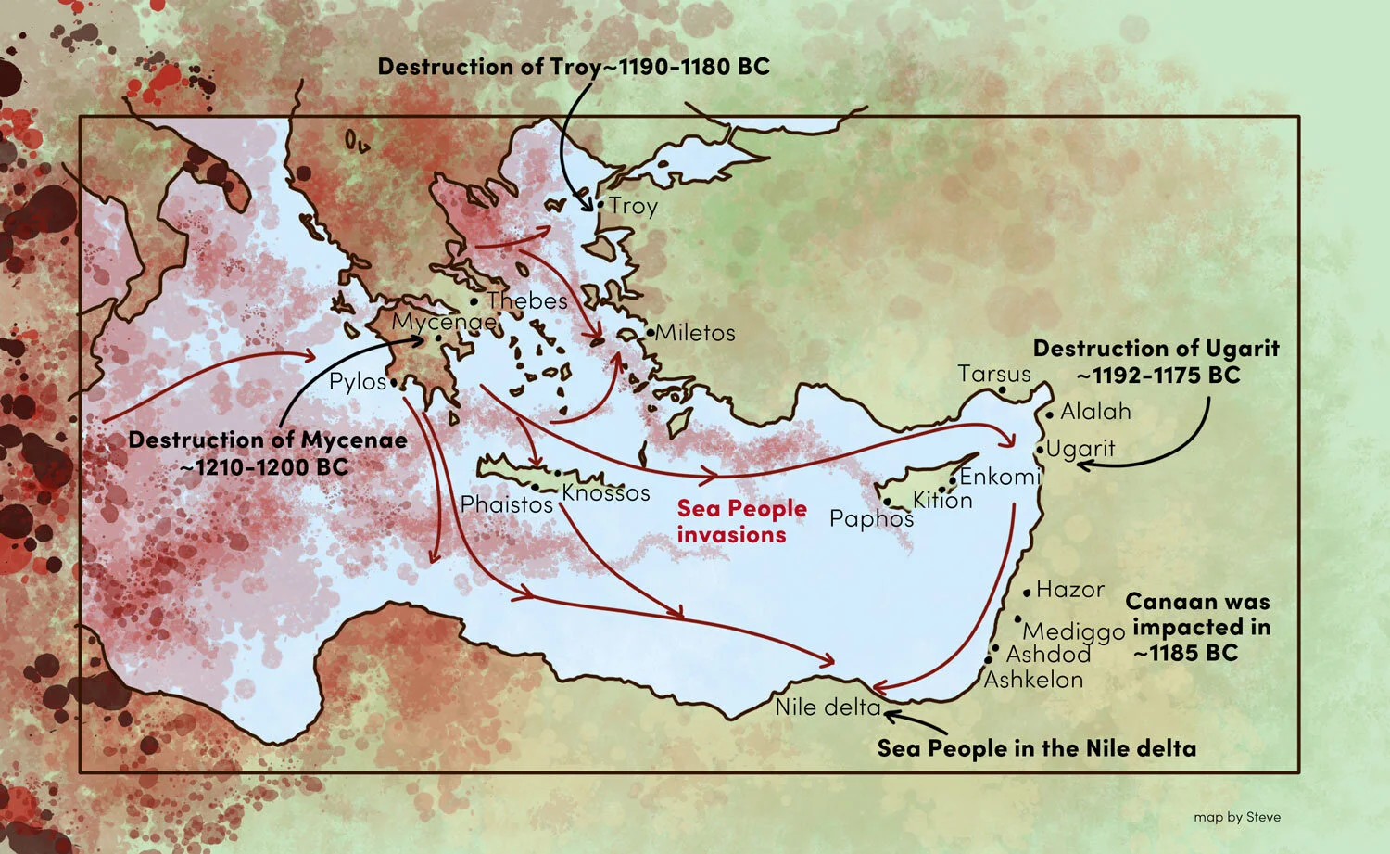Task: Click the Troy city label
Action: coord(633,206)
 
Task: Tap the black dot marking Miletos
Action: coord(651,332)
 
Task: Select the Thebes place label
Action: coord(526,300)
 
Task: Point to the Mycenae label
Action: coord(444,322)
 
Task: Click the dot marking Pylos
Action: coord(395,382)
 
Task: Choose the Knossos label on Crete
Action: coord(606,492)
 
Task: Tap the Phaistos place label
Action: coord(506,504)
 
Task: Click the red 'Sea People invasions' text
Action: coord(741,521)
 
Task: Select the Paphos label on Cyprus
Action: coord(871,518)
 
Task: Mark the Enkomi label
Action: coord(1000,477)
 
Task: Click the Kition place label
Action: coord(942,501)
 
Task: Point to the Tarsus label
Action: coord(993,374)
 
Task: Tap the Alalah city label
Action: coord(1095,411)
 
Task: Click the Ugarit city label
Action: coord(1080,449)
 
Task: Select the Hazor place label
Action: coord(1070,590)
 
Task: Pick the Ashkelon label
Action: coord(1033,680)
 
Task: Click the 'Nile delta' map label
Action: coord(828,707)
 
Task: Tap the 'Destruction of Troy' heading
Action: coord(574,67)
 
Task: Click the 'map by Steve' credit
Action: coord(1237,817)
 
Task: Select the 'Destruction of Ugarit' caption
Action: coord(1156,362)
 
